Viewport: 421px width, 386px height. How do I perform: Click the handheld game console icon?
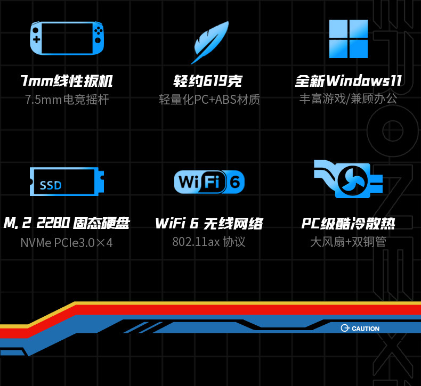(67, 38)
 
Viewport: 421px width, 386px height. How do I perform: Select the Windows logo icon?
(348, 39)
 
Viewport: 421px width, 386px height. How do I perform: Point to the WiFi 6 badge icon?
(209, 182)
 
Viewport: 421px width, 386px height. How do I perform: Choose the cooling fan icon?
(347, 179)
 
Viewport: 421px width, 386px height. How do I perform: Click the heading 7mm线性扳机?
(67, 81)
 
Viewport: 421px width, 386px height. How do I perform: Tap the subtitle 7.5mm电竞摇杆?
(67, 100)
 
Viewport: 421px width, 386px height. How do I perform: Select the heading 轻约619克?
(208, 81)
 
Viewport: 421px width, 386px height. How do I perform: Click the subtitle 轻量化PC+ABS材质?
(209, 100)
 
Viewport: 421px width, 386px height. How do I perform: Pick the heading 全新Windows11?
(348, 81)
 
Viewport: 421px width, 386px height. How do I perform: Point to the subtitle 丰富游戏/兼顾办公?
(348, 98)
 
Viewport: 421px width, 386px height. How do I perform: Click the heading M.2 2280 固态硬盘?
(66, 223)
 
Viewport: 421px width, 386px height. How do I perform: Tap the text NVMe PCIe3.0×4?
(67, 243)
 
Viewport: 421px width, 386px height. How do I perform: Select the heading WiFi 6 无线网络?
(209, 223)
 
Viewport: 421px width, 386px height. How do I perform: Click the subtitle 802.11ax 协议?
(209, 242)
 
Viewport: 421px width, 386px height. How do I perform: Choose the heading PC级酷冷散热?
(348, 223)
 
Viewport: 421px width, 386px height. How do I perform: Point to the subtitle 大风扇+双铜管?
(348, 242)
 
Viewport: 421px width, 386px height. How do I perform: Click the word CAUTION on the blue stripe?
(365, 328)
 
